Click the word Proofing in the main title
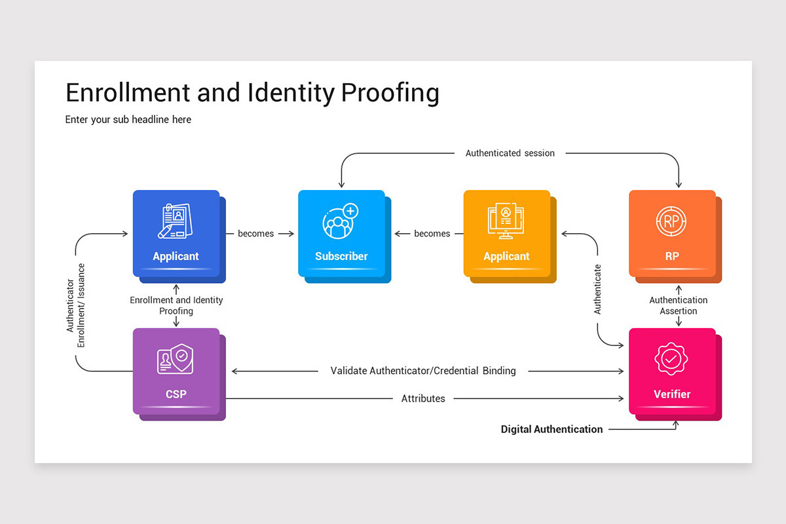click(390, 94)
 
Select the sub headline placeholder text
click(128, 120)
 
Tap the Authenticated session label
click(510, 153)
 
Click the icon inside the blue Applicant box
click(175, 221)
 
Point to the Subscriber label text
click(341, 256)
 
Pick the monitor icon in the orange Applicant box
click(506, 221)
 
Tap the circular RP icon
click(671, 221)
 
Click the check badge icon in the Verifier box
click(671, 358)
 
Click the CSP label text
click(176, 394)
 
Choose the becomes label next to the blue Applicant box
click(255, 234)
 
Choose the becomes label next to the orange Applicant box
click(432, 234)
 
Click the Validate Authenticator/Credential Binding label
click(423, 371)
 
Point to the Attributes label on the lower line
click(423, 399)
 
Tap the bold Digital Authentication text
click(552, 430)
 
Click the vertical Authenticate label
click(597, 289)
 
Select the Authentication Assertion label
click(679, 306)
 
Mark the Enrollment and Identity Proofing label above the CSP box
click(176, 305)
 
